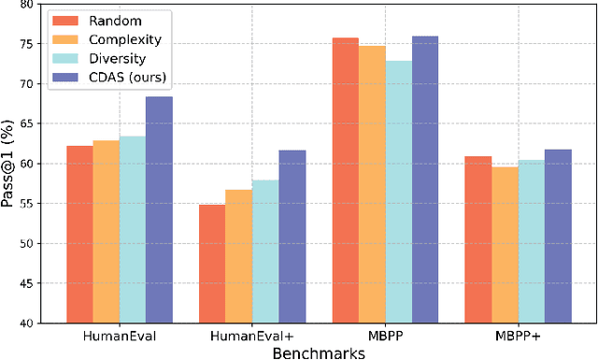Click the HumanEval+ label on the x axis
coord(252,336)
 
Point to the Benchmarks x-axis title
coord(319,352)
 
